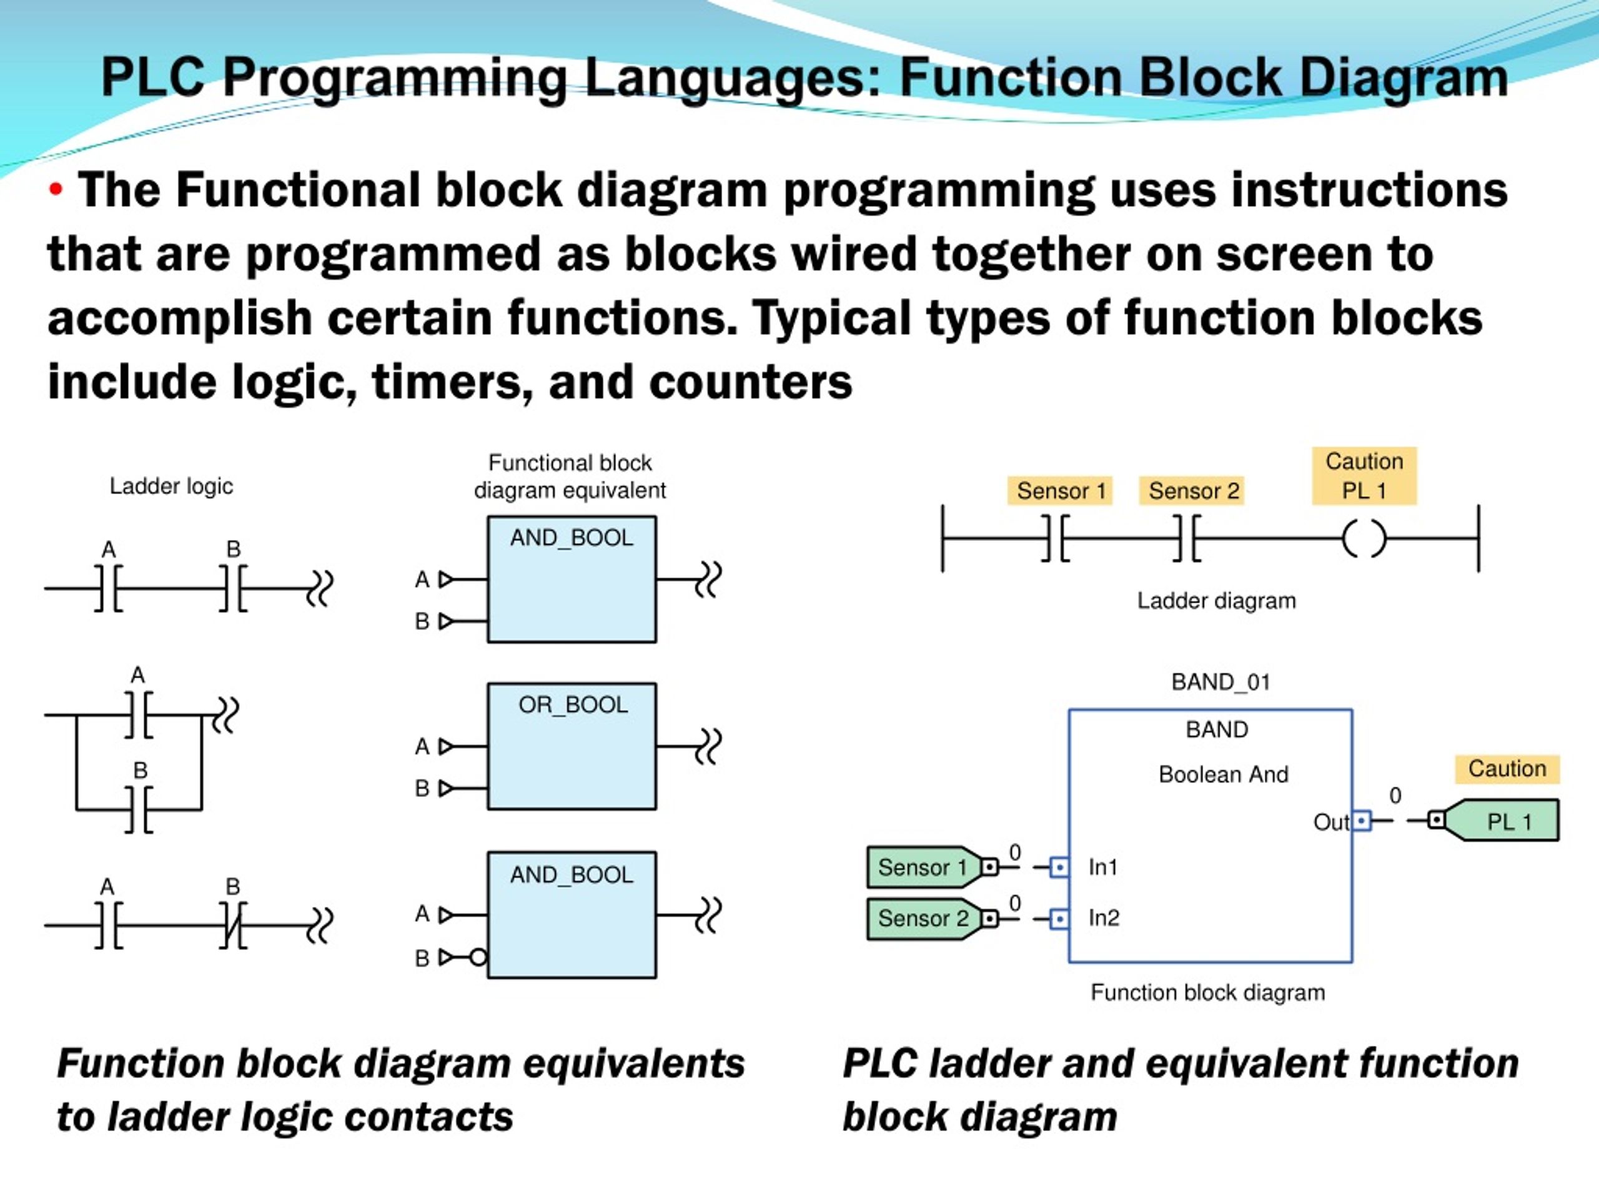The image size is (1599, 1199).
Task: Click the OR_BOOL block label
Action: (x=573, y=704)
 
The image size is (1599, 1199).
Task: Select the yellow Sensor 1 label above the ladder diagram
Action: (x=1061, y=491)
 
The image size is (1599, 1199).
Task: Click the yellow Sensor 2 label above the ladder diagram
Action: (x=1193, y=491)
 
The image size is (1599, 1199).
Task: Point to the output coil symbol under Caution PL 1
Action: (x=1364, y=539)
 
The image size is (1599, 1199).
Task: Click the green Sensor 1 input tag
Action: (x=923, y=867)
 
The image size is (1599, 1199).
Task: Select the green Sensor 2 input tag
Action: (x=923, y=919)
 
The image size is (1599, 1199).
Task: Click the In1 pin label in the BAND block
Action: (x=1103, y=867)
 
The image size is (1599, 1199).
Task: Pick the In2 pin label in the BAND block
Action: (x=1104, y=918)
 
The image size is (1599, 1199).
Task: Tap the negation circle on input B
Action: (x=478, y=957)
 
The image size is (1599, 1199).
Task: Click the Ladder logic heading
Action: (x=171, y=486)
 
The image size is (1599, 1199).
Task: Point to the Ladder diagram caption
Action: (x=1216, y=601)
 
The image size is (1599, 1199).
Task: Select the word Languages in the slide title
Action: (x=734, y=78)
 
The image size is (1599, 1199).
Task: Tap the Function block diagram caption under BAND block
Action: (x=1207, y=993)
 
